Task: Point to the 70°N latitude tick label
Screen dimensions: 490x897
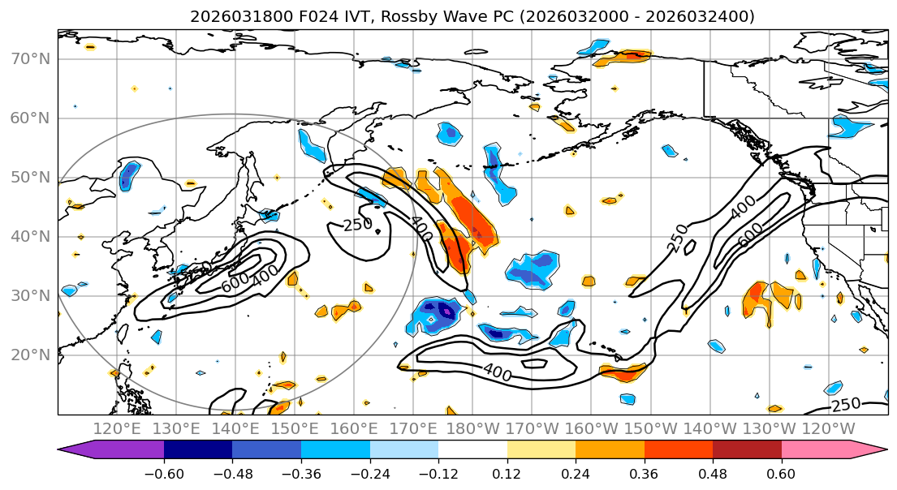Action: [x=30, y=58]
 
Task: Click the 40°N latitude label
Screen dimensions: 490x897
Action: [x=30, y=236]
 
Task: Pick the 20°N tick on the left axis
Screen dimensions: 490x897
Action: [x=30, y=355]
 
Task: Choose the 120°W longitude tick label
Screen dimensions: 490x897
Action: [x=829, y=428]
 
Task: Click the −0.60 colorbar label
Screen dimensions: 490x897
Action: [x=164, y=473]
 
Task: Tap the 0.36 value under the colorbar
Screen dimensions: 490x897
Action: [x=644, y=473]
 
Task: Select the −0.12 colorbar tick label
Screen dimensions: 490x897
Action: [x=438, y=473]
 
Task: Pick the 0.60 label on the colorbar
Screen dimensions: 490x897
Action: [x=781, y=473]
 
